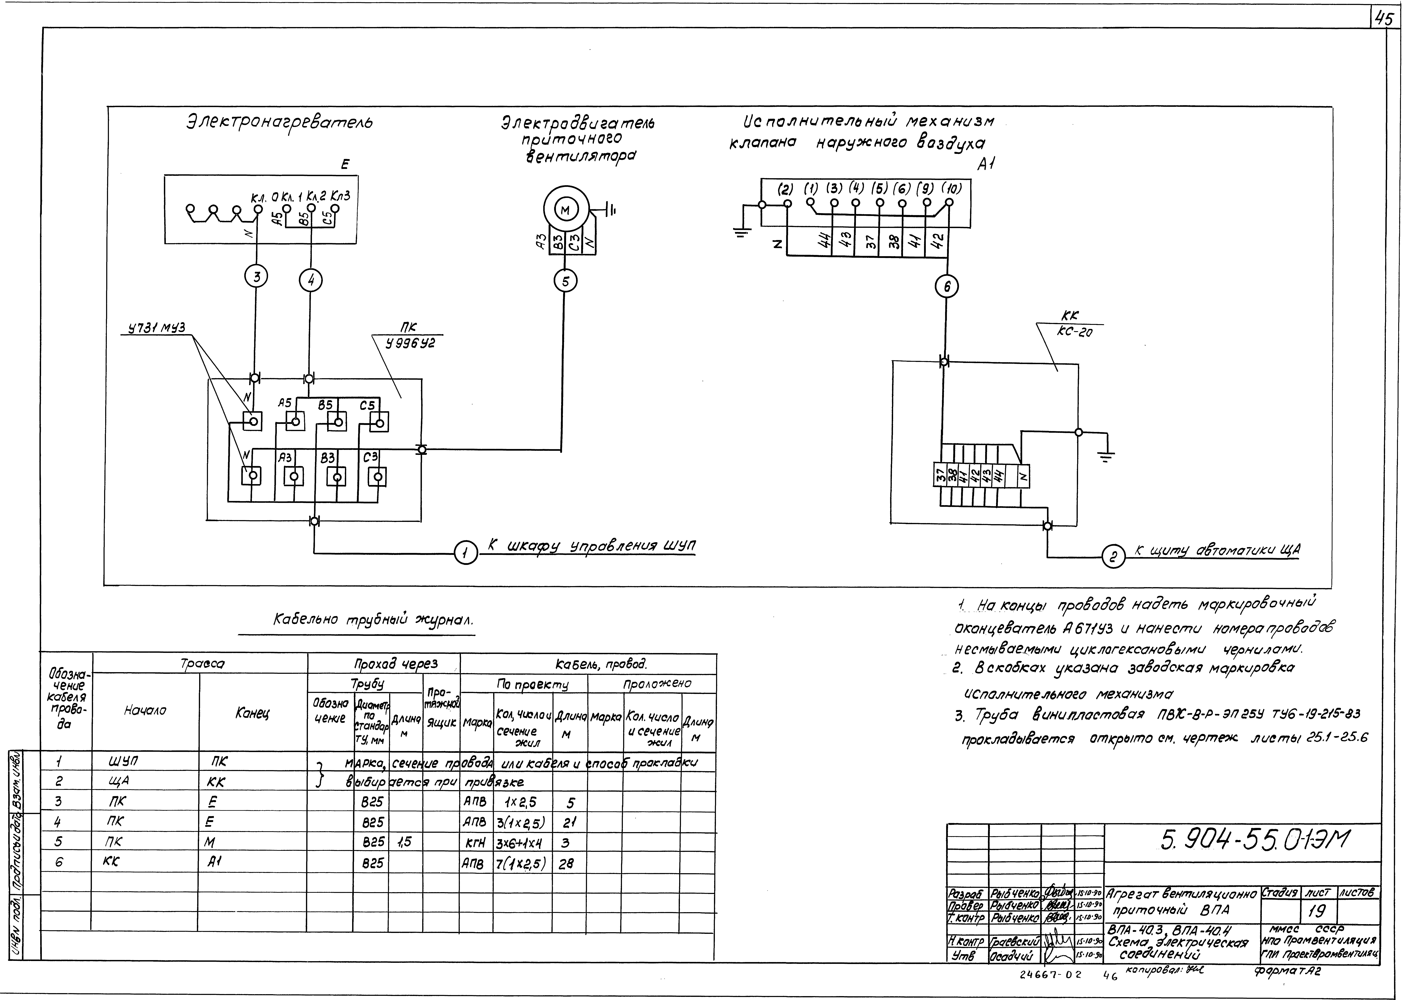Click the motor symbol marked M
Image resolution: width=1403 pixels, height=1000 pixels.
(x=565, y=210)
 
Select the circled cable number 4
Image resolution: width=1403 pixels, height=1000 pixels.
(x=311, y=281)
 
